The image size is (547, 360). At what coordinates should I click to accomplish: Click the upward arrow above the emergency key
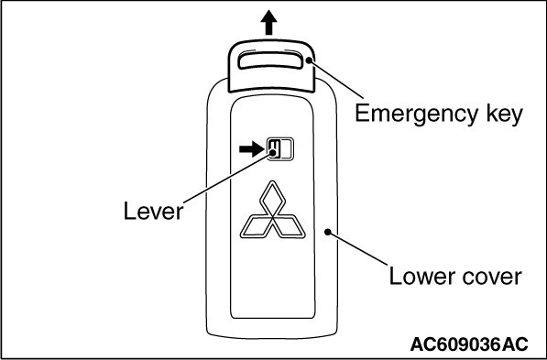click(268, 22)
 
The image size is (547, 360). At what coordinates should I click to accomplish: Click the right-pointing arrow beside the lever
click(251, 149)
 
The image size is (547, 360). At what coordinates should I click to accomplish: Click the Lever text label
click(153, 212)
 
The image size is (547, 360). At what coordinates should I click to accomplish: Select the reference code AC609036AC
click(469, 344)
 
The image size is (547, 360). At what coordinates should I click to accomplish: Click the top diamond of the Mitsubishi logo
click(272, 199)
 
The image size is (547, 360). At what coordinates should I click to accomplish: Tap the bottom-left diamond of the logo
click(256, 227)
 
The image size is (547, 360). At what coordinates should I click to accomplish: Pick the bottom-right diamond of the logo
click(289, 227)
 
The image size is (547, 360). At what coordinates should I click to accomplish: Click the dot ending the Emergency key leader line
click(309, 60)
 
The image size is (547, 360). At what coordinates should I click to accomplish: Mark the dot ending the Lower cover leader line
click(328, 232)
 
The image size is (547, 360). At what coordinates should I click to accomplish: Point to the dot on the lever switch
click(273, 152)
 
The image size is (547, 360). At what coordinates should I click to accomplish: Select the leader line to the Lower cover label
click(357, 248)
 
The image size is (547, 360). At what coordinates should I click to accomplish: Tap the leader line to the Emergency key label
click(336, 79)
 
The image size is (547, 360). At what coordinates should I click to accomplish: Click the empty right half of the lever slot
click(286, 149)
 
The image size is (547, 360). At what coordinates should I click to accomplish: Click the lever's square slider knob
click(274, 149)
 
